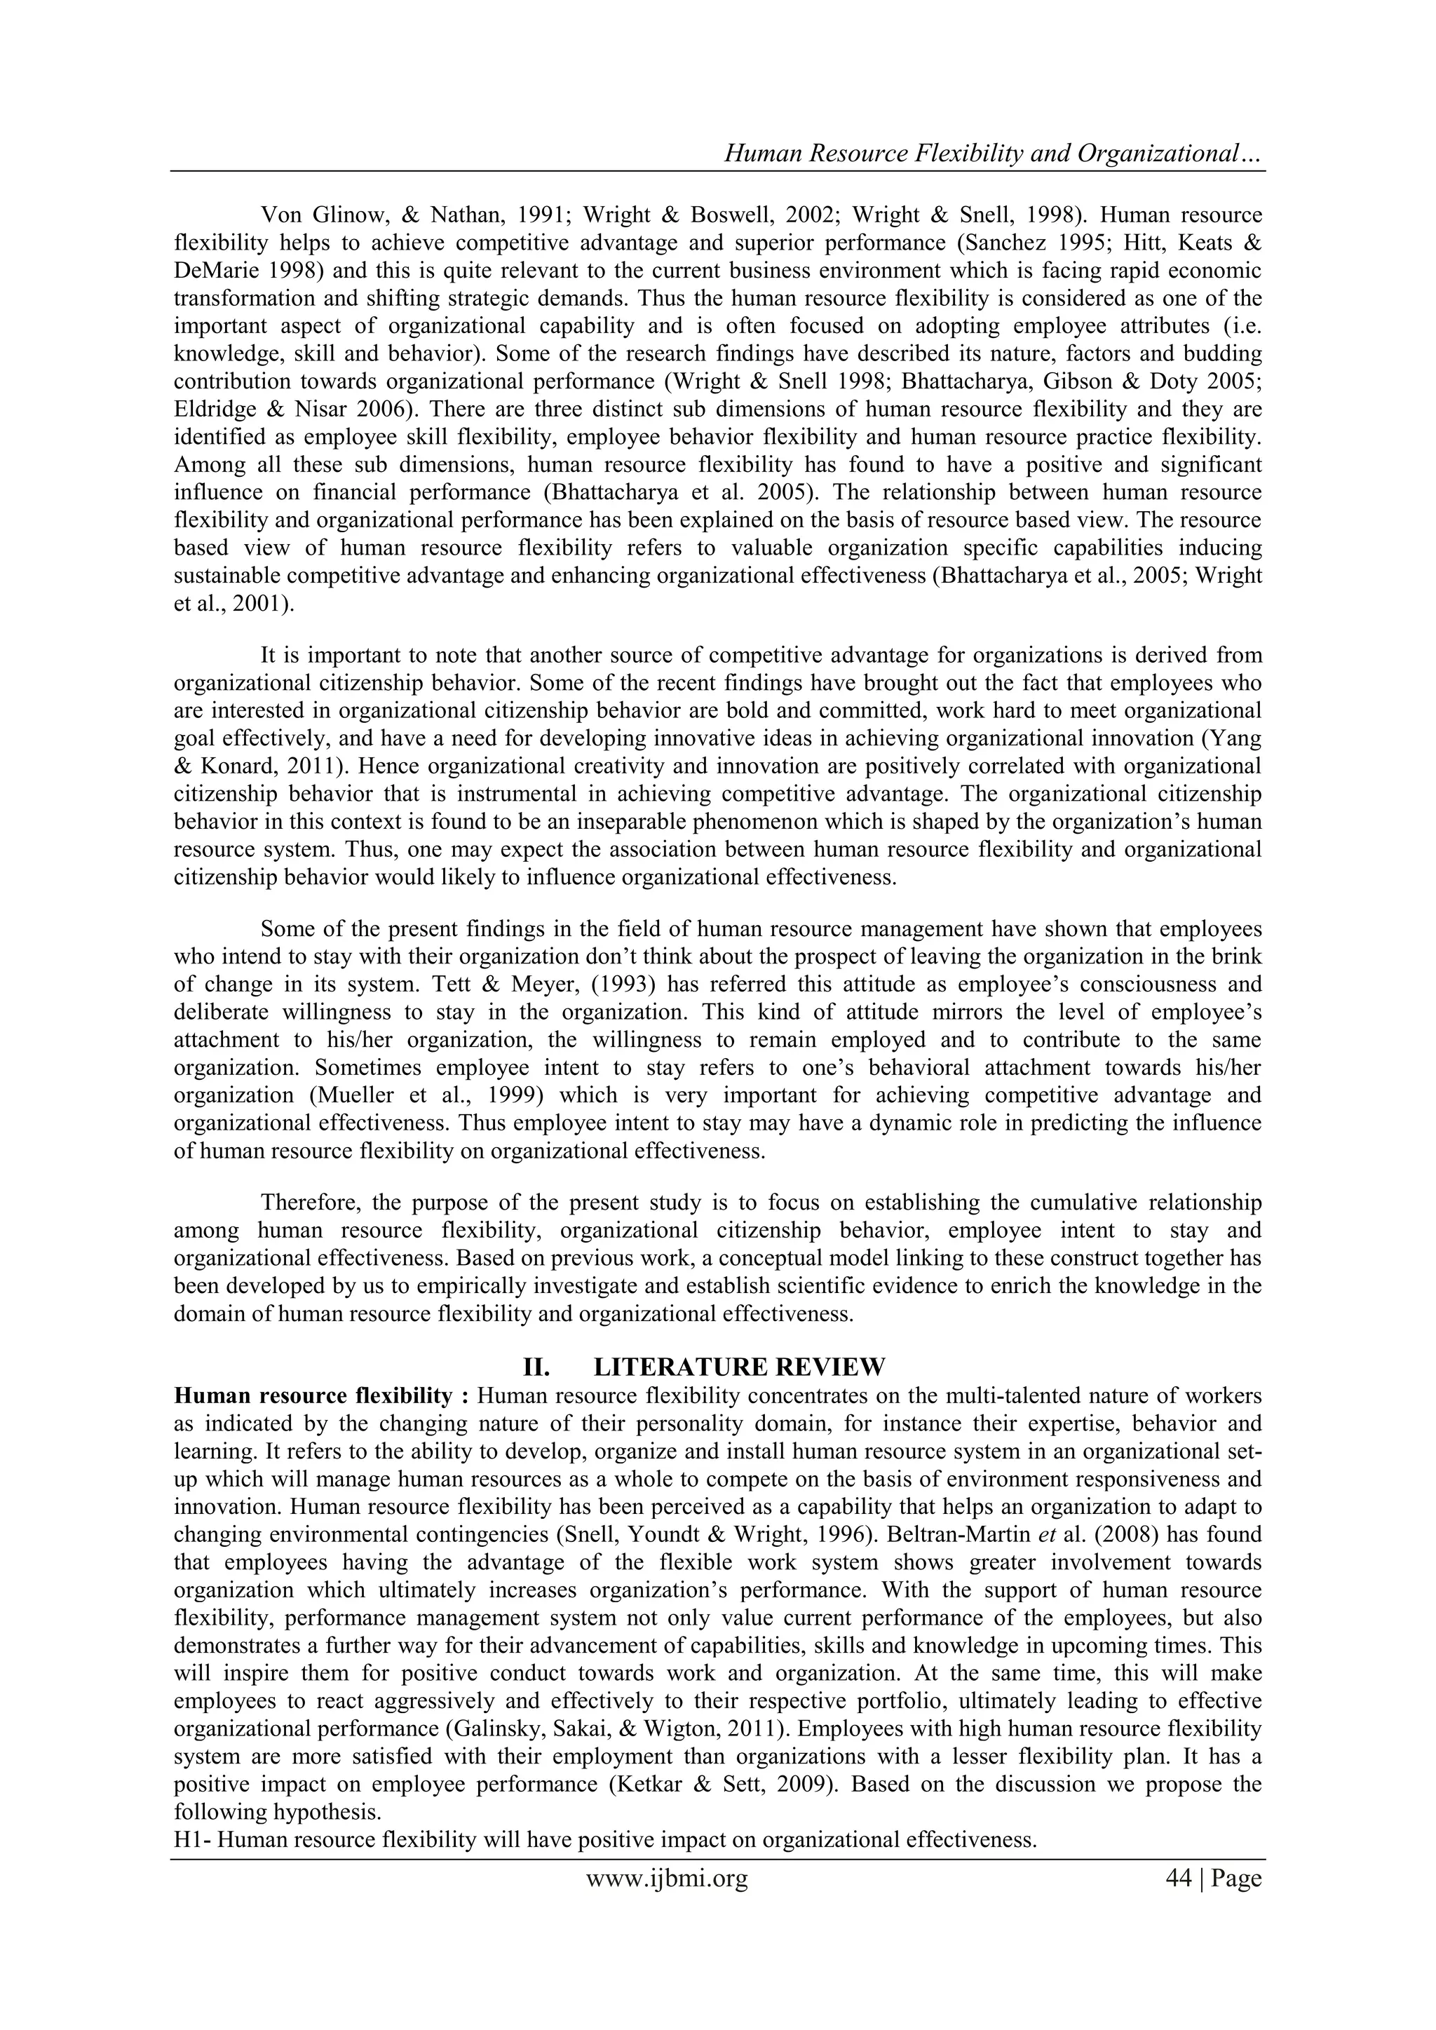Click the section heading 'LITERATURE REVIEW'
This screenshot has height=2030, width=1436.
point(738,1367)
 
